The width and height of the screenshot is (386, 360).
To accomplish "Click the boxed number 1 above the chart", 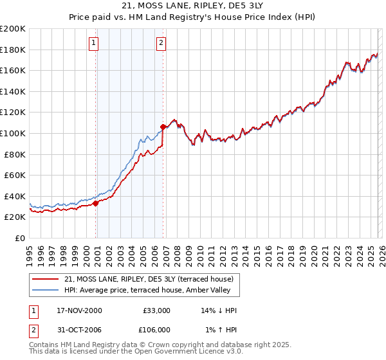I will [x=94, y=43].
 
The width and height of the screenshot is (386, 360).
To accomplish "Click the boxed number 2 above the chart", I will [x=161, y=43].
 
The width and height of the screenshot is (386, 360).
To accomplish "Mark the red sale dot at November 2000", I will [x=96, y=203].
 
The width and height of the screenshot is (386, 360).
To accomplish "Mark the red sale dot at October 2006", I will [x=163, y=127].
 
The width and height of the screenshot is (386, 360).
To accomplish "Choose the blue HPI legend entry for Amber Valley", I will [x=151, y=291].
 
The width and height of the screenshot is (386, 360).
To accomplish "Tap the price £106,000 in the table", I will [x=157, y=329].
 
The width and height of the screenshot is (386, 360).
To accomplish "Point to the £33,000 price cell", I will [x=157, y=310].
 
